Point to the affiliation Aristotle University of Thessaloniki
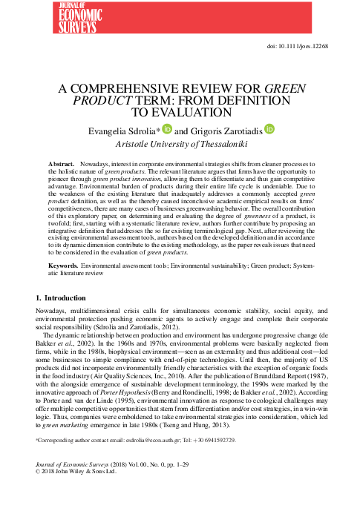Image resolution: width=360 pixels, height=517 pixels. point(180,143)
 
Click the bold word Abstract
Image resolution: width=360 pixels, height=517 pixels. point(62,162)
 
